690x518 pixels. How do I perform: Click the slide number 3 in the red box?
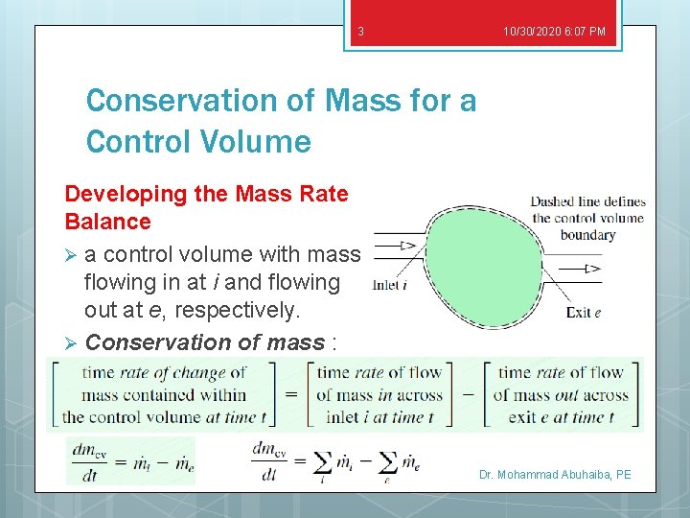(x=360, y=32)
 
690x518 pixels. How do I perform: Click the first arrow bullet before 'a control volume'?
(x=71, y=255)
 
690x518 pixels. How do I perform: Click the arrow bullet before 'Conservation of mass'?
(x=71, y=343)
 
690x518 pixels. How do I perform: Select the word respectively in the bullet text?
(x=238, y=311)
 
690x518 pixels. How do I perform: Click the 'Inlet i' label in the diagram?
(x=391, y=284)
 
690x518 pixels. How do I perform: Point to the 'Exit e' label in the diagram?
(x=583, y=312)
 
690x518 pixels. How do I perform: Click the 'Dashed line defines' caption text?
(x=587, y=201)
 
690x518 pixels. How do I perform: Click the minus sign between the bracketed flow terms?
(x=470, y=394)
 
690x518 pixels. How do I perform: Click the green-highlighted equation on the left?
(x=130, y=460)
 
